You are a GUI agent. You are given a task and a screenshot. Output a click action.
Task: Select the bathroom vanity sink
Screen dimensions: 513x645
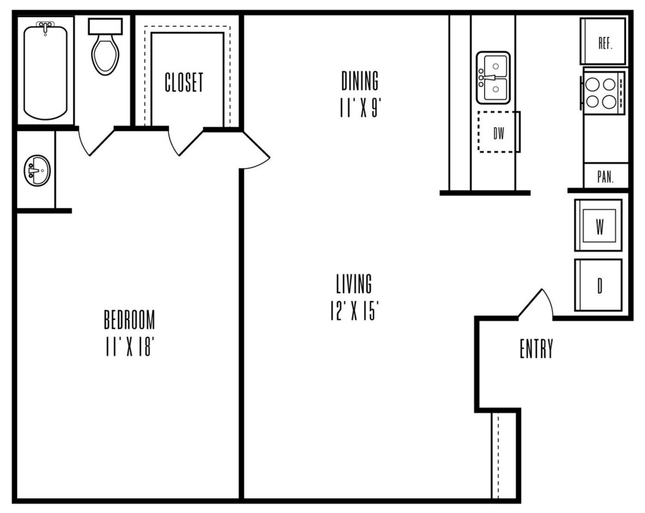click(x=37, y=170)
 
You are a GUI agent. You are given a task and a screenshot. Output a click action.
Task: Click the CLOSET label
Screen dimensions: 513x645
click(x=184, y=82)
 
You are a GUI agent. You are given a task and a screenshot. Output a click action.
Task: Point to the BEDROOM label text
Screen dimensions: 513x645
click(x=129, y=320)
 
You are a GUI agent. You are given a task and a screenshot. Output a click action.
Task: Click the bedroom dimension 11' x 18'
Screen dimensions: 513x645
click(x=129, y=348)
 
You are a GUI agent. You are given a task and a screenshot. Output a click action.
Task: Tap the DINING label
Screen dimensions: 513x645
click(x=360, y=81)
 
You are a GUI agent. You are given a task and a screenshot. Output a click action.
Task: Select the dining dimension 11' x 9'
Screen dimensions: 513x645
click(x=360, y=108)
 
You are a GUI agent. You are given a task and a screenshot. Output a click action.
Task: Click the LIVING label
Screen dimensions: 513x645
click(x=354, y=284)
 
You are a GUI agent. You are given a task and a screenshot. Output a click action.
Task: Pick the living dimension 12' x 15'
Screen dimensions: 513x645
click(x=354, y=311)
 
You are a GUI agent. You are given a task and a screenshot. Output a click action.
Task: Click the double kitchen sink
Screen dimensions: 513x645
click(x=493, y=77)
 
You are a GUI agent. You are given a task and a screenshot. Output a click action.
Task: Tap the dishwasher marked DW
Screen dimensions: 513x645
click(x=499, y=132)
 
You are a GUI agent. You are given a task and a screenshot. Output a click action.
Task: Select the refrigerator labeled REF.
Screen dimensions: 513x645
click(x=603, y=42)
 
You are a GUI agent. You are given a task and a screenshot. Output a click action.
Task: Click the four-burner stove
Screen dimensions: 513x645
click(x=603, y=92)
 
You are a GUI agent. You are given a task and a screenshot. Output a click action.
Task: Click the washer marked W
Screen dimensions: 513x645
click(x=598, y=225)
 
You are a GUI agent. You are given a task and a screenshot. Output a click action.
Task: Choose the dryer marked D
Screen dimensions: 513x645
click(x=598, y=285)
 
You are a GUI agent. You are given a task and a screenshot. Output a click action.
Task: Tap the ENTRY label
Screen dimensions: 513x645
click(x=536, y=349)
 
